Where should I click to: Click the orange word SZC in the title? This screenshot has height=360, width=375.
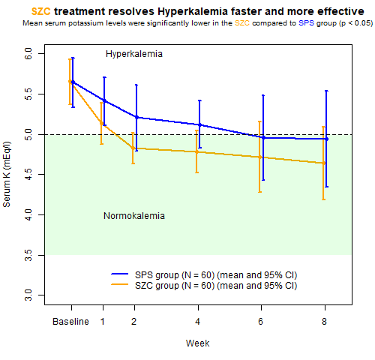point(40,11)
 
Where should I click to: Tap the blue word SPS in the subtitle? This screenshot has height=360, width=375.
point(306,23)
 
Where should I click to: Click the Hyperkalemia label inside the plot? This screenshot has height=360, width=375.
point(134,54)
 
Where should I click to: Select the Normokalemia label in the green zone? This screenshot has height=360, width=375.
point(134,216)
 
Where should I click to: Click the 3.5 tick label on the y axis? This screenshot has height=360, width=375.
point(28,255)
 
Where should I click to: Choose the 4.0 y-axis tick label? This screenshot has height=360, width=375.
point(28,214)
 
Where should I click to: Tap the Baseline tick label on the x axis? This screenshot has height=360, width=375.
point(70,322)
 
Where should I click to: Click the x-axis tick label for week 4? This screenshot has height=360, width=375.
point(198,322)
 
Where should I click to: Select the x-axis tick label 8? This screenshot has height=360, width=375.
point(324,322)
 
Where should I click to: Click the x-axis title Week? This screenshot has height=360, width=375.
point(197,343)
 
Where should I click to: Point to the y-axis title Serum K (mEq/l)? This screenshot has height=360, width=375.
point(7,175)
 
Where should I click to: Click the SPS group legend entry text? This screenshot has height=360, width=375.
point(216,275)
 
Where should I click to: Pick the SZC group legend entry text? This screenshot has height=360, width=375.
point(216,286)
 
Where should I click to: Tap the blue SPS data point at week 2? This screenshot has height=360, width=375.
point(136,117)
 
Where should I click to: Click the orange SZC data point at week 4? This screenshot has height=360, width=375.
point(196,151)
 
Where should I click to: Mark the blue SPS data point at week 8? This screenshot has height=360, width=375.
point(326,139)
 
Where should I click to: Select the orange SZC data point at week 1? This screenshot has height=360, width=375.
point(101,123)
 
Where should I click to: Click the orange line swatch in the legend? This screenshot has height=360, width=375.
point(120,284)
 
